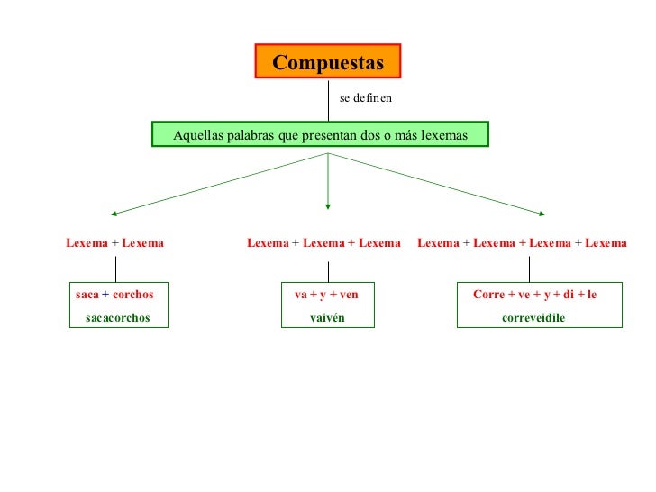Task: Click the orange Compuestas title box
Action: (328, 62)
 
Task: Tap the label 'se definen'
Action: (365, 97)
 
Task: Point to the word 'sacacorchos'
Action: (117, 318)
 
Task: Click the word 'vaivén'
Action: (327, 318)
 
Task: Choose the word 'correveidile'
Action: (533, 318)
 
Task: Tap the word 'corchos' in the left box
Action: (133, 295)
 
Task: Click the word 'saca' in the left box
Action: (87, 295)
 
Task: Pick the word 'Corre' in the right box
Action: (488, 295)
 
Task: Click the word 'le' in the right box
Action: (592, 295)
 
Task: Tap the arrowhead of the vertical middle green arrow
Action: (328, 205)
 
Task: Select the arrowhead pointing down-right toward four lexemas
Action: (541, 214)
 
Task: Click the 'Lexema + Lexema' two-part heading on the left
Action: (114, 242)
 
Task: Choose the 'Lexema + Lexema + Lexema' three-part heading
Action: (323, 242)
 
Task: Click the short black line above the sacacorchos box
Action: (116, 269)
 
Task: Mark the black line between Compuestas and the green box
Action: (328, 100)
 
